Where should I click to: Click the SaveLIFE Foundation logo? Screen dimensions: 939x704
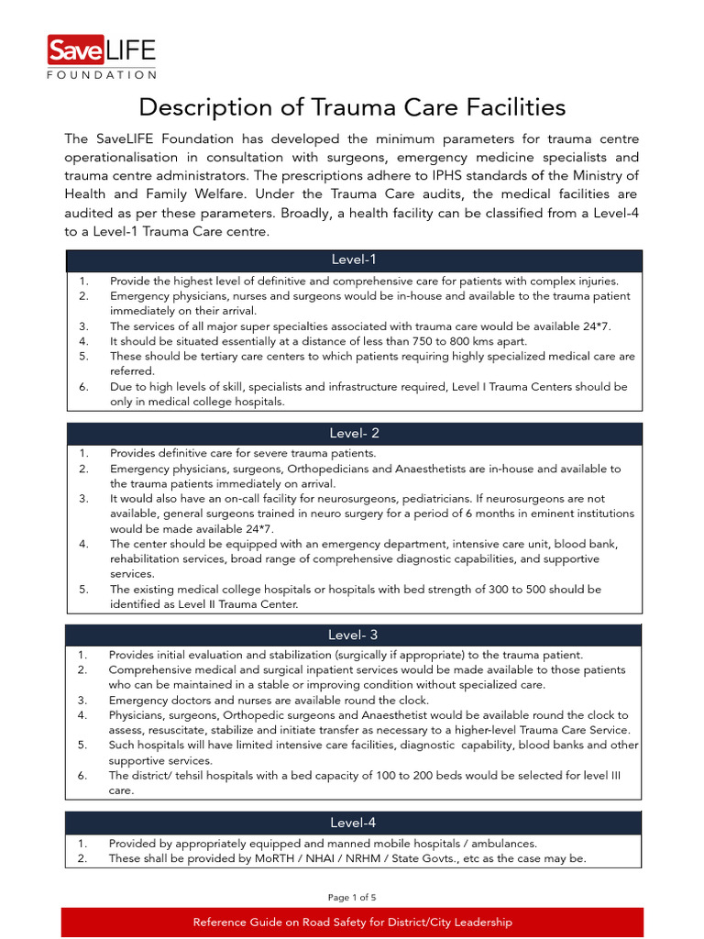[101, 56]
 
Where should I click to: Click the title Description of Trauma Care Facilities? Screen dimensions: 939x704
[352, 107]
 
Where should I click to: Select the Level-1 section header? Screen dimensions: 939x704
[353, 260]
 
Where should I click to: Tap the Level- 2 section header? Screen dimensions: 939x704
[353, 433]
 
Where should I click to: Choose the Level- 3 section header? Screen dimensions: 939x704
[353, 635]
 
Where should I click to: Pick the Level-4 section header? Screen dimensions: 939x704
[353, 823]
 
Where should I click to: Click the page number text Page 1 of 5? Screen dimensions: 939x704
[352, 897]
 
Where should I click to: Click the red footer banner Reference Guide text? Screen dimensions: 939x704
[352, 922]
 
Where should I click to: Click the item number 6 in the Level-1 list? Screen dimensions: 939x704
[82, 387]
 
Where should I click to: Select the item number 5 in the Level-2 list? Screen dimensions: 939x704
[82, 589]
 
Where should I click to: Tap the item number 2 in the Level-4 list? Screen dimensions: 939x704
[82, 859]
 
